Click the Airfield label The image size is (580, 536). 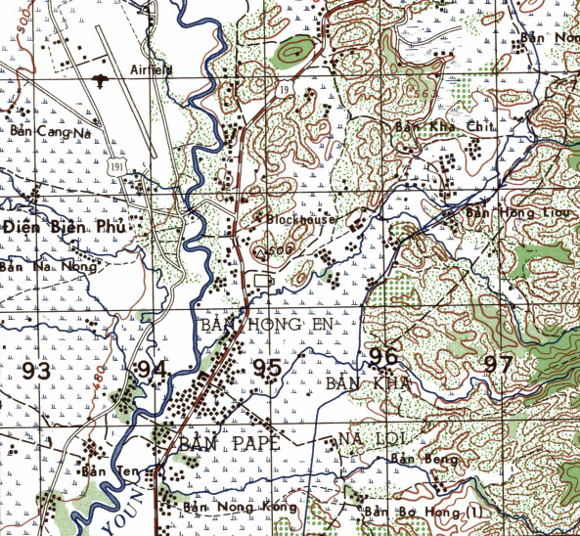(x=151, y=69)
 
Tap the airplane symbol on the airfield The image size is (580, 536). (x=99, y=76)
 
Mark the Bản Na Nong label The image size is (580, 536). (x=49, y=265)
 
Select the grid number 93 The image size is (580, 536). (x=36, y=371)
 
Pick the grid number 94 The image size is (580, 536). (x=152, y=370)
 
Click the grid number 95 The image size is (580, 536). (x=266, y=369)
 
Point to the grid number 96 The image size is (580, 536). (x=383, y=356)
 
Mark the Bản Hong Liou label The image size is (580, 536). (x=503, y=211)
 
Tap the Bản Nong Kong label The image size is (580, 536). (x=228, y=507)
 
